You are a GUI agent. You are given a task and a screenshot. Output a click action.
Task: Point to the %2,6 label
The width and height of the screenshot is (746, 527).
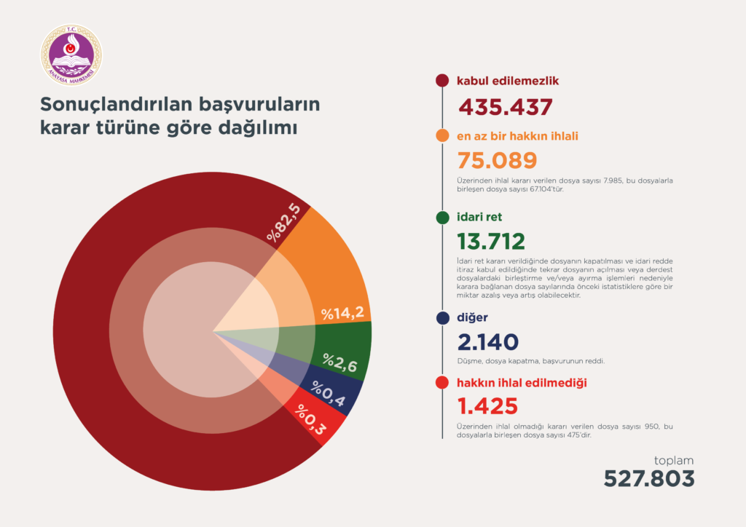[340, 362]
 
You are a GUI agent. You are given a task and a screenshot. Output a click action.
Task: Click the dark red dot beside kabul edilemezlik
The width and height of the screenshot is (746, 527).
[441, 81]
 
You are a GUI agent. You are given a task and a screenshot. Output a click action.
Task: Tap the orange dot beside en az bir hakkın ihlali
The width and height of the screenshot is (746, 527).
[441, 135]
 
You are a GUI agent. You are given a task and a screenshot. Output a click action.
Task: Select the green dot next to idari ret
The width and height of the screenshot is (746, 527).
[441, 217]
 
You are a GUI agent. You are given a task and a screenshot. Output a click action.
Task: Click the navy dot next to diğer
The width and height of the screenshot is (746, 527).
[441, 318]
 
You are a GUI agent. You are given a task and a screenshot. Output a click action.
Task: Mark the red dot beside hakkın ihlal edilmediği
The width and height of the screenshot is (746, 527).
[441, 383]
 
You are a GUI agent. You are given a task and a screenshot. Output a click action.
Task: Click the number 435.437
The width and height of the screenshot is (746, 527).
[505, 107]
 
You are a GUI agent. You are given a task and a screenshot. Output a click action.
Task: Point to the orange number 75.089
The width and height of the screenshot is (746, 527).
[497, 161]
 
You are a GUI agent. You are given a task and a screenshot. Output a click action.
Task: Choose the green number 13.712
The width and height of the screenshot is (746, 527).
[490, 242]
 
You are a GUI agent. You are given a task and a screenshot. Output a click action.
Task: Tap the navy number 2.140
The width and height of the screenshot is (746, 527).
[487, 342]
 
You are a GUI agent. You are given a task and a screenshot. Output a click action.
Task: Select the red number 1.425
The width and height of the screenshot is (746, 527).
[487, 405]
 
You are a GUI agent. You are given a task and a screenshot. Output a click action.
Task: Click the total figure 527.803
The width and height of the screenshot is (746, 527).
[648, 478]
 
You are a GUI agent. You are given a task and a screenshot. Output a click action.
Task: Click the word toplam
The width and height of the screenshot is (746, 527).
[673, 460]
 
